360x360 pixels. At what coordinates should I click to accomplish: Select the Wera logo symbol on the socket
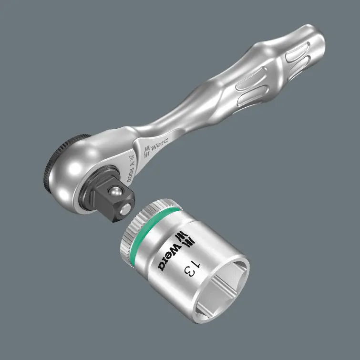click(180, 237)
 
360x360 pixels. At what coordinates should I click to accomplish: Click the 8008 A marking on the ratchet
click(128, 165)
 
